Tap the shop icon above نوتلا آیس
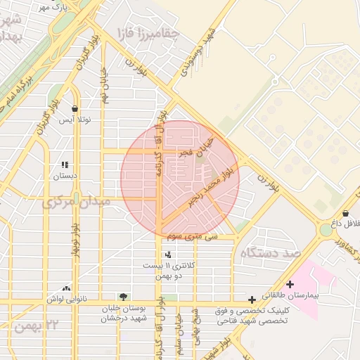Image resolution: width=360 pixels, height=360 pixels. [x=75, y=108]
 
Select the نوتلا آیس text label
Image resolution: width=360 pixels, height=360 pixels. [x=75, y=120]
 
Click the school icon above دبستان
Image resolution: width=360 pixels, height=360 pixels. [x=65, y=165]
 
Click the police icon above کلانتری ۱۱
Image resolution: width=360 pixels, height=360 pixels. [x=167, y=255]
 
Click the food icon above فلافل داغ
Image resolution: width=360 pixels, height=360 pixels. [x=345, y=213]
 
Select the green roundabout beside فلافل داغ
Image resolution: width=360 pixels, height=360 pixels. [x=326, y=230]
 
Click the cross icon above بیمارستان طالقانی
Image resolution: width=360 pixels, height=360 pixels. [x=290, y=283]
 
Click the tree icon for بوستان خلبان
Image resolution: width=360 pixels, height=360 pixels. [x=124, y=297]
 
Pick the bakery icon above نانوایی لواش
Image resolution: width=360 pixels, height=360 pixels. [x=66, y=288]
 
